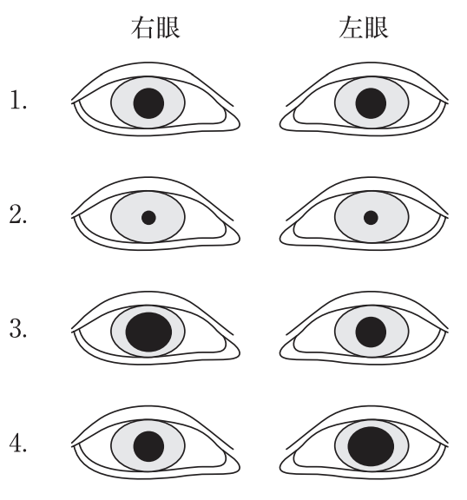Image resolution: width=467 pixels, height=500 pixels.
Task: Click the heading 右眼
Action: click(155, 28)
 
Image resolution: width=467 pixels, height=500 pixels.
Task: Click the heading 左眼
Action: click(364, 28)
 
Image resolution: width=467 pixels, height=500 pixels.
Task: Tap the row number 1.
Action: click(18, 100)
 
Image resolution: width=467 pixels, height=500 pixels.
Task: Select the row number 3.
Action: click(18, 328)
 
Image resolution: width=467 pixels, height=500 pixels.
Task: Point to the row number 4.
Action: click(18, 443)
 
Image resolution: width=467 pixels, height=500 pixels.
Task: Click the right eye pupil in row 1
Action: click(148, 103)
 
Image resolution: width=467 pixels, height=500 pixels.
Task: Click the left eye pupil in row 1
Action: click(371, 103)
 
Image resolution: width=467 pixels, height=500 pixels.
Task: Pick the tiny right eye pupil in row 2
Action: click(148, 218)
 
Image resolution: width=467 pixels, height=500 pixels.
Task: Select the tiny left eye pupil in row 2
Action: click(371, 218)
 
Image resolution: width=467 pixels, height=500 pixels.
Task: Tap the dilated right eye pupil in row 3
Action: click(148, 332)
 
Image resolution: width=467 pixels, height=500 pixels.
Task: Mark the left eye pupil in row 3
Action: click(371, 332)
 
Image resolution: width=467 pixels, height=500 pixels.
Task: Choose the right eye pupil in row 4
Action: click(148, 446)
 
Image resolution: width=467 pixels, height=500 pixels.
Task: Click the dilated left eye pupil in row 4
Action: click(371, 446)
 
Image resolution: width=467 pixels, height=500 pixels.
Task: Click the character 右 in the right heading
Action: click(141, 28)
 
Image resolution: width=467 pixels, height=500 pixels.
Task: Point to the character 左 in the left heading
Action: click(350, 28)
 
